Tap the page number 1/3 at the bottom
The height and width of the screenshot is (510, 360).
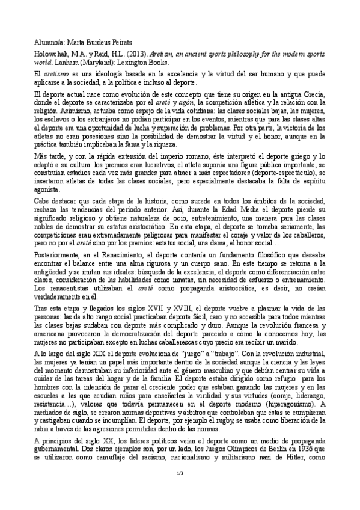click(179, 477)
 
